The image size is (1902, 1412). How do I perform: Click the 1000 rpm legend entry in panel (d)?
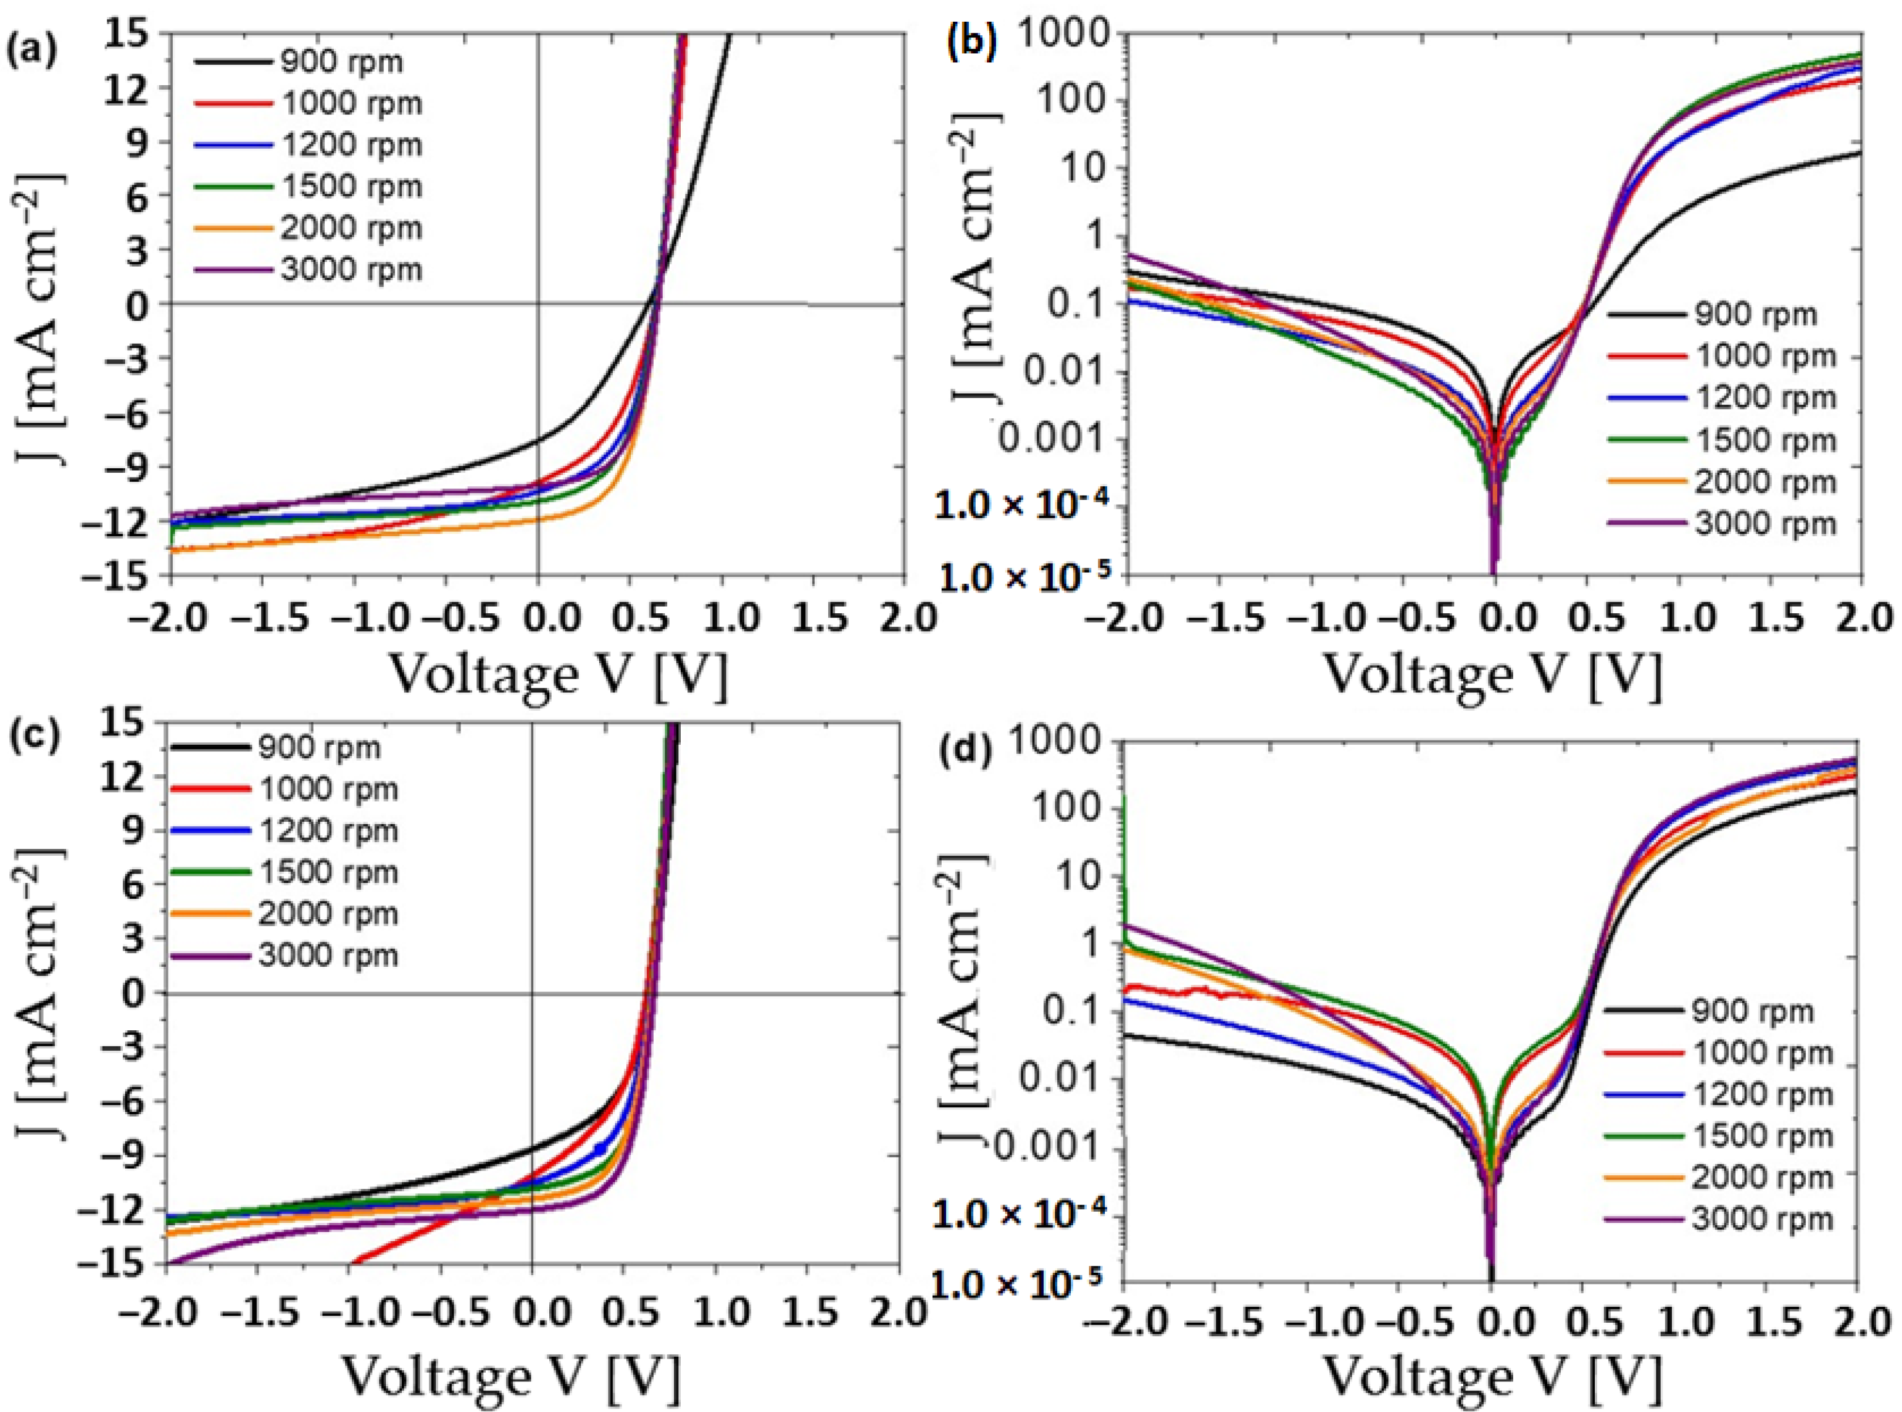click(1762, 1053)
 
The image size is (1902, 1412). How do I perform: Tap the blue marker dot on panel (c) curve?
click(600, 1148)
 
